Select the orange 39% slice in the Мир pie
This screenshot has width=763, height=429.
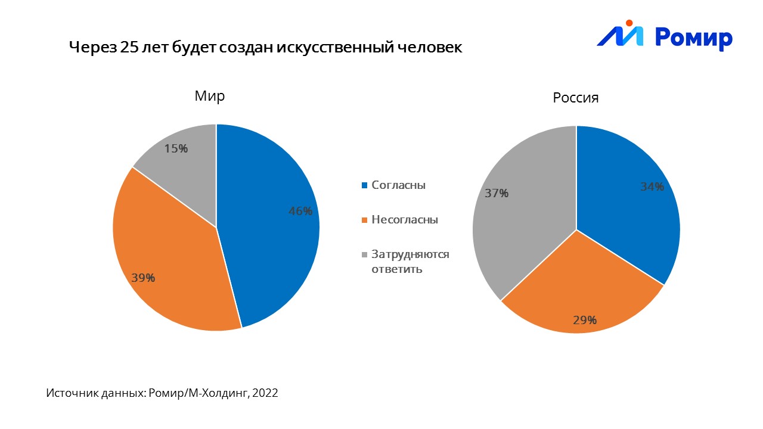coord(173,250)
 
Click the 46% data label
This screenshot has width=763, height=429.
coord(300,211)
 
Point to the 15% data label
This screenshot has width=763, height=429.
coord(176,149)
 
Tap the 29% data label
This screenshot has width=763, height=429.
coord(585,320)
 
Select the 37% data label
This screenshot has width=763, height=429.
coord(497,193)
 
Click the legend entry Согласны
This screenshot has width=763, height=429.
coord(398,185)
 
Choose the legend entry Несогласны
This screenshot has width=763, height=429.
coord(404,220)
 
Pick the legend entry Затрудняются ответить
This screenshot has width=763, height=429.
coord(410,262)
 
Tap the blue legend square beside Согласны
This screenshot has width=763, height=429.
coord(364,186)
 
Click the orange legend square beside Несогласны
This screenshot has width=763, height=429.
coord(364,220)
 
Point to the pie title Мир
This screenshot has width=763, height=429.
coord(210,97)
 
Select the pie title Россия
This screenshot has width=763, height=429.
coord(575,98)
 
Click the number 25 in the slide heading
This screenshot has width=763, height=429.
coord(129,48)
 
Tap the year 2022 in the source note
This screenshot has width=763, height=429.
coord(265,393)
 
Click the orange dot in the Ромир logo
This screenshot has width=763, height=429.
coord(628,23)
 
